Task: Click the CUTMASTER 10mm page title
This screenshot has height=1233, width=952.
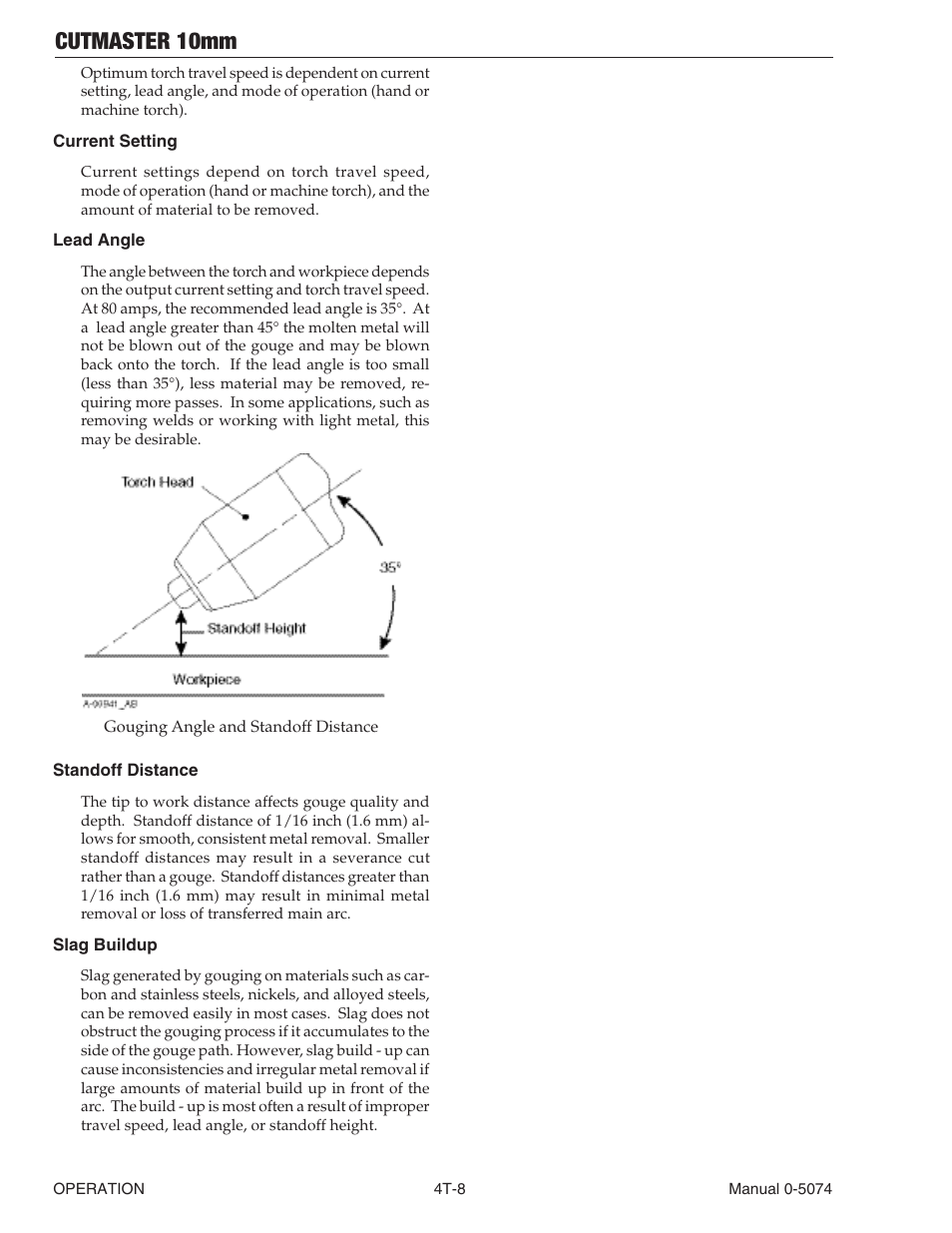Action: tap(146, 41)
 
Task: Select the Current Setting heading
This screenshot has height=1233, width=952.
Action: tap(115, 142)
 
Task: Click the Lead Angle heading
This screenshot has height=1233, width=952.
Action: tap(99, 241)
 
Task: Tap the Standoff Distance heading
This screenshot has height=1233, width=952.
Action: tap(125, 771)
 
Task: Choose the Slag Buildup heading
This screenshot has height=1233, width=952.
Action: tap(105, 945)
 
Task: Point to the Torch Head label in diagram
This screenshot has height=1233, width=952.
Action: tap(158, 482)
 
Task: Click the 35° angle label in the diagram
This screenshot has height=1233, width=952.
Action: tap(390, 567)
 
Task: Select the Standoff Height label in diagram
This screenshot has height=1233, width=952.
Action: tap(256, 629)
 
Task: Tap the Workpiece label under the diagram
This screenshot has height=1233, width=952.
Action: tap(207, 680)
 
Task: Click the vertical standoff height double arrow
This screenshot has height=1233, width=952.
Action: tap(181, 634)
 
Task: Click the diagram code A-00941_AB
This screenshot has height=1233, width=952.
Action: tap(111, 704)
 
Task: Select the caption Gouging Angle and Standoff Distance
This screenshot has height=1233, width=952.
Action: tap(240, 727)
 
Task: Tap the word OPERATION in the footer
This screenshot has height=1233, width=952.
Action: tap(99, 1189)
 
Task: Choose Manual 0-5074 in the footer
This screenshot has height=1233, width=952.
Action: tap(779, 1189)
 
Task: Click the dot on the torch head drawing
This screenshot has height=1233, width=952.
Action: tap(245, 517)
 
